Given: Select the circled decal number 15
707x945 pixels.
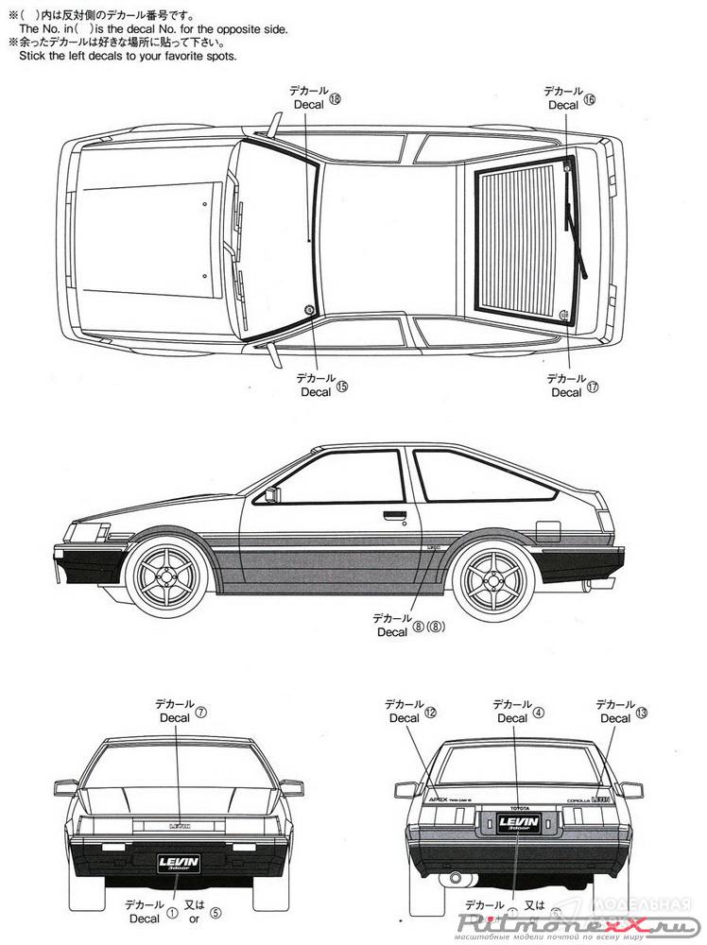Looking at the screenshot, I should (x=342, y=387).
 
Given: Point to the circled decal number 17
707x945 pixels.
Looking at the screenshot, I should (x=594, y=387).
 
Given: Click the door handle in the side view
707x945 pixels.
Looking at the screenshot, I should (x=394, y=516).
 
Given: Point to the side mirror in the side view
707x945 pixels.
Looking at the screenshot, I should (x=272, y=494).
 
